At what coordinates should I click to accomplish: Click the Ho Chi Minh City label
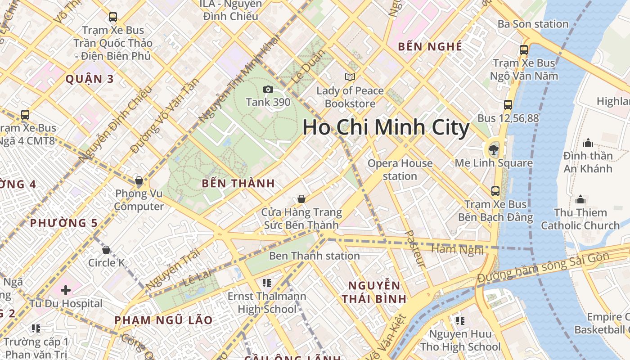point(386,127)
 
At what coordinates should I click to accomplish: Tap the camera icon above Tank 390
point(268,90)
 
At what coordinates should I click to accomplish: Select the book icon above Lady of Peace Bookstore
point(350,77)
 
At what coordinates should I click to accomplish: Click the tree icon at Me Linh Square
point(494,149)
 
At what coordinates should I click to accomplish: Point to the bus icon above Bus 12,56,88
point(508,105)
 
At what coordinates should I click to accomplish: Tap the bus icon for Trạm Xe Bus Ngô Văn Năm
point(524,50)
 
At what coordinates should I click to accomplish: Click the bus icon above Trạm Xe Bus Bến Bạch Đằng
point(495,191)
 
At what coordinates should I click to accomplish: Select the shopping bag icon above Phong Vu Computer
point(139,181)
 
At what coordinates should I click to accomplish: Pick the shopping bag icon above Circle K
point(106,249)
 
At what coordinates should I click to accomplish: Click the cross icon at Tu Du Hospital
point(66,290)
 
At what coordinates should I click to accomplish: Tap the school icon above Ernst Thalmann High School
point(267,283)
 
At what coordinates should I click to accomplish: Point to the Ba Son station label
point(533,24)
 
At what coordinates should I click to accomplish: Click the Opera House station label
point(400,170)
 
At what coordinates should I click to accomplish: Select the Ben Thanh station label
point(314,256)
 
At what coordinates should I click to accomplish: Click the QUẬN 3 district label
point(90,79)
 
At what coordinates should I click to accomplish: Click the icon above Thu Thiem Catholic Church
point(580,199)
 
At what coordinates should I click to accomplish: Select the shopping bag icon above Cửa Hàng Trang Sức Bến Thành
point(301,199)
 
